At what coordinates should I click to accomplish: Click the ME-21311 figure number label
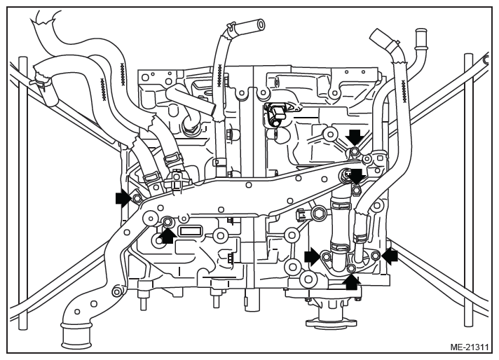click(469, 347)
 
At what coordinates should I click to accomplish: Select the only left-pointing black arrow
click(390, 256)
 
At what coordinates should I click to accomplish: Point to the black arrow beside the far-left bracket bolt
click(123, 198)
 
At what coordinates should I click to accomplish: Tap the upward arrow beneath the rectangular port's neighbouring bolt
click(169, 236)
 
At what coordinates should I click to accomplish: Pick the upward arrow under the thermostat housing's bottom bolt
click(352, 282)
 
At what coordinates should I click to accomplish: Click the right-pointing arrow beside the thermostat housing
click(313, 256)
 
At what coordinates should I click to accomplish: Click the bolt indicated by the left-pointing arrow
click(376, 254)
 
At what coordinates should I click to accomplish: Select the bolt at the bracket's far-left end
click(137, 198)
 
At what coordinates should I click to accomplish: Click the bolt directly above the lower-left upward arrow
click(168, 221)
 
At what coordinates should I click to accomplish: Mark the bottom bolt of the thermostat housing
click(351, 268)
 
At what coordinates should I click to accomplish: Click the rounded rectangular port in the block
click(190, 230)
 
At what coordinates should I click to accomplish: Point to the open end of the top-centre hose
click(260, 25)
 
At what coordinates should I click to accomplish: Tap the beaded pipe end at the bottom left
click(76, 335)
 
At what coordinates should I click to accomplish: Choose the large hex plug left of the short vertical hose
click(319, 214)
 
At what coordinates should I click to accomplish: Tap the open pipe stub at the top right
click(421, 34)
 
